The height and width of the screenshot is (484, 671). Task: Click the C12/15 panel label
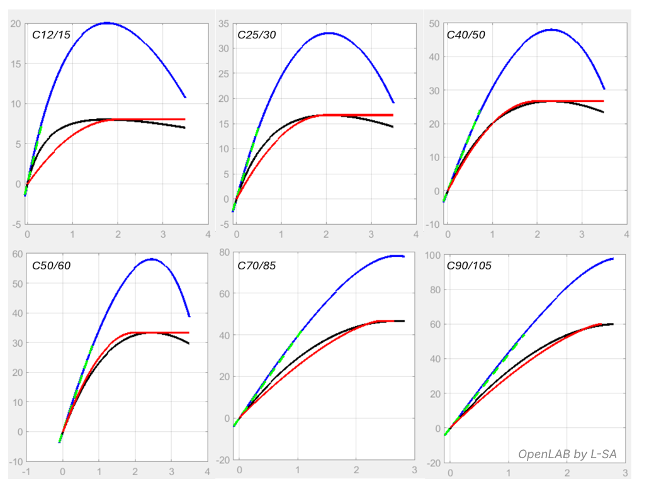click(51, 35)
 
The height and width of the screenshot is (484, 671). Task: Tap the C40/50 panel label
click(465, 35)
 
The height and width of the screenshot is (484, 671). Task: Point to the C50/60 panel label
click(51, 266)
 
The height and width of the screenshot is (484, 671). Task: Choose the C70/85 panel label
click(256, 266)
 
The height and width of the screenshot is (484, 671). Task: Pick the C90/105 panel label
click(468, 266)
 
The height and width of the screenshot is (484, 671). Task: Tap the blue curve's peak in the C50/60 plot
click(152, 259)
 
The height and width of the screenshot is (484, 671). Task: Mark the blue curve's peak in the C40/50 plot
click(552, 29)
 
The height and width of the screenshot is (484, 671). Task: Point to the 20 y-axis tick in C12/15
click(16, 24)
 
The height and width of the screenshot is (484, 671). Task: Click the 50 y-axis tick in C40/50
click(434, 24)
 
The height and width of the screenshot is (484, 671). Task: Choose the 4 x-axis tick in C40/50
click(626, 235)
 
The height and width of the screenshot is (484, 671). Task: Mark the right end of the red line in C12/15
click(184, 119)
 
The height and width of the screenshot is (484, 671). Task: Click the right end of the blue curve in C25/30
click(393, 103)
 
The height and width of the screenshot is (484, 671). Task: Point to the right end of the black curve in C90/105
click(613, 324)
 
